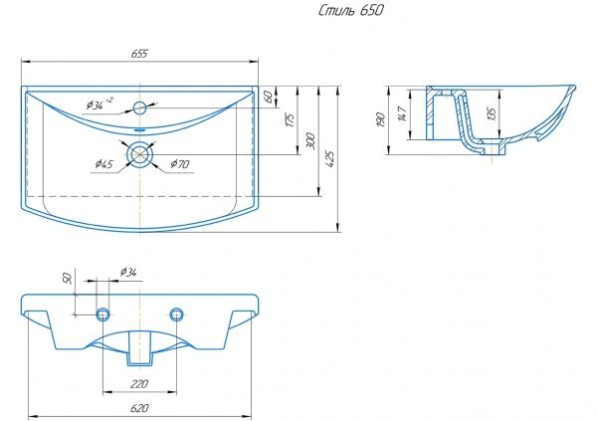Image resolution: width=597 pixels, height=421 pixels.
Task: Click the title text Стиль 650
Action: coord(349,11)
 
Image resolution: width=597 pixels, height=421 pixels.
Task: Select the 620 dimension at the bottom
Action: coord(139,408)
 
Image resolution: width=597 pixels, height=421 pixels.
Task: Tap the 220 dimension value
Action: coord(139,381)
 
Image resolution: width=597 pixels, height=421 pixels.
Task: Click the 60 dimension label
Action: coord(269,96)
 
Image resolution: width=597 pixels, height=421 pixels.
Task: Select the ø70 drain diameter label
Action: coord(179,163)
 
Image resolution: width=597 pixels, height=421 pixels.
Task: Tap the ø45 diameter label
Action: coord(103,163)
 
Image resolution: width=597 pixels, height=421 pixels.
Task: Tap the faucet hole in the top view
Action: coord(140,106)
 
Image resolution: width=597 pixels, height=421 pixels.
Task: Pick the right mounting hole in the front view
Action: coord(177,315)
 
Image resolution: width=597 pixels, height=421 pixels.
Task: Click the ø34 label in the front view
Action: coord(127,272)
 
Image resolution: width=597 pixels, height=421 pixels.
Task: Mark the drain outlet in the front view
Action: coord(139,348)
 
